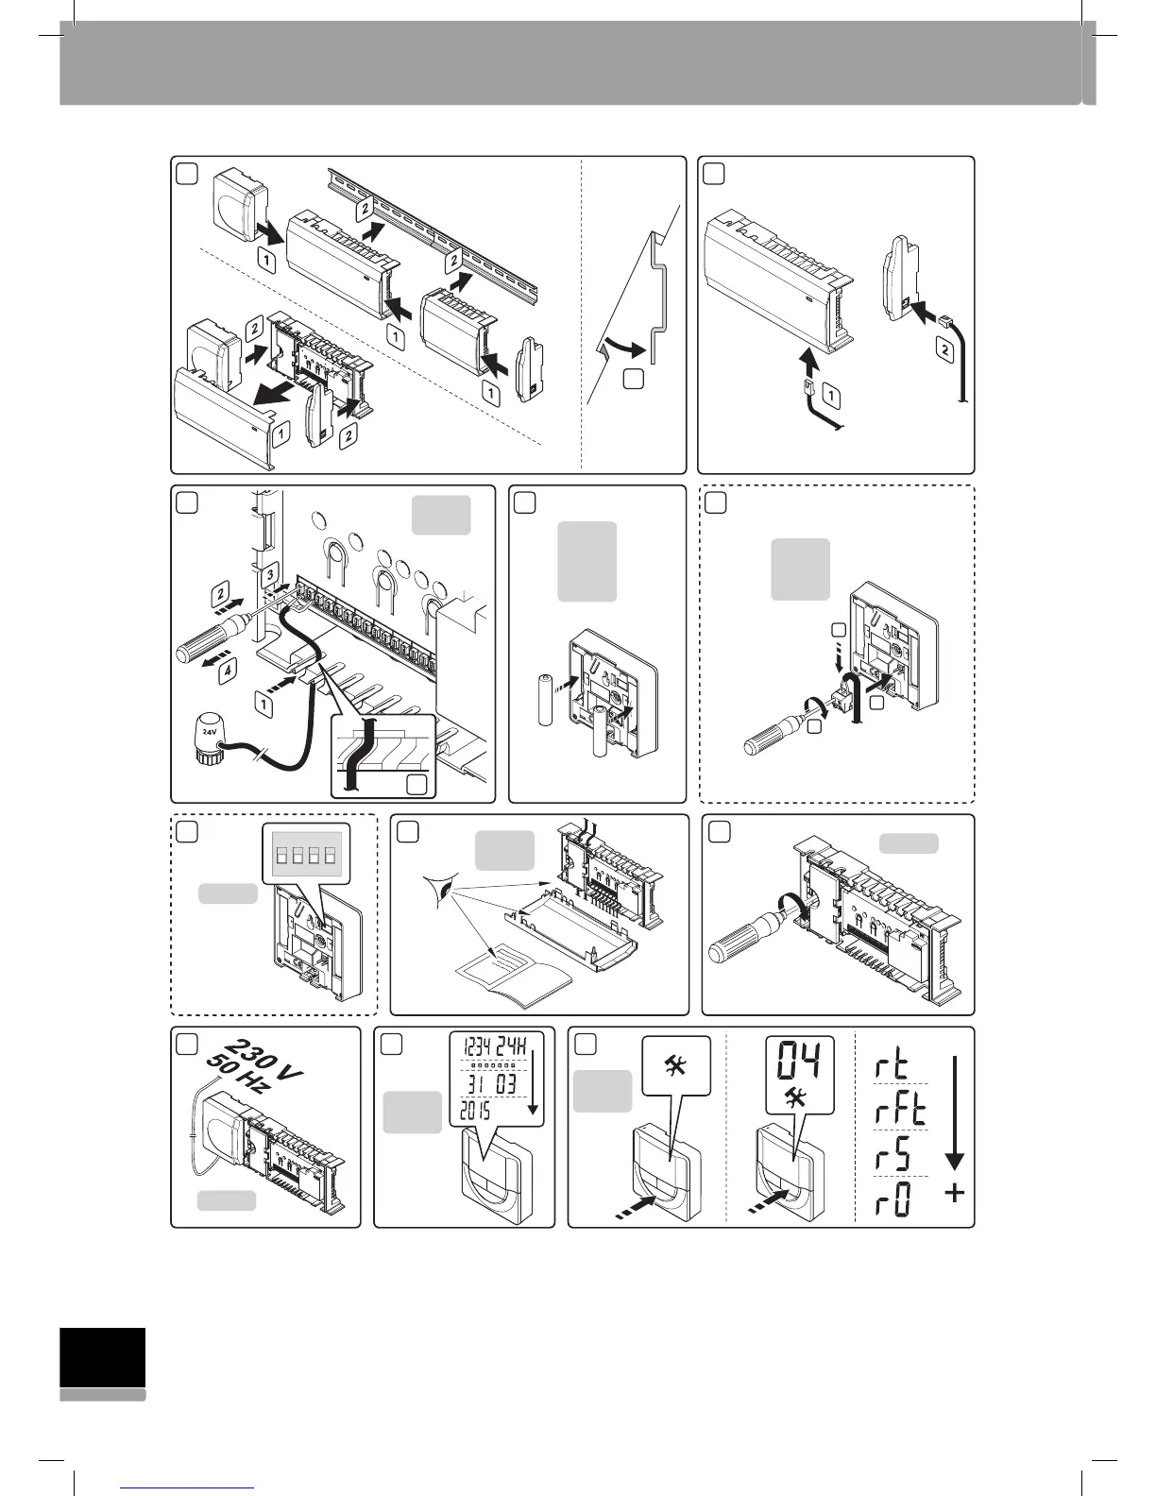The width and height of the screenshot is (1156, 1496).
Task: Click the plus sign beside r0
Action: point(955,1194)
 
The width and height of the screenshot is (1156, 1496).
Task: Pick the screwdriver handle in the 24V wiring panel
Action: point(203,647)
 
